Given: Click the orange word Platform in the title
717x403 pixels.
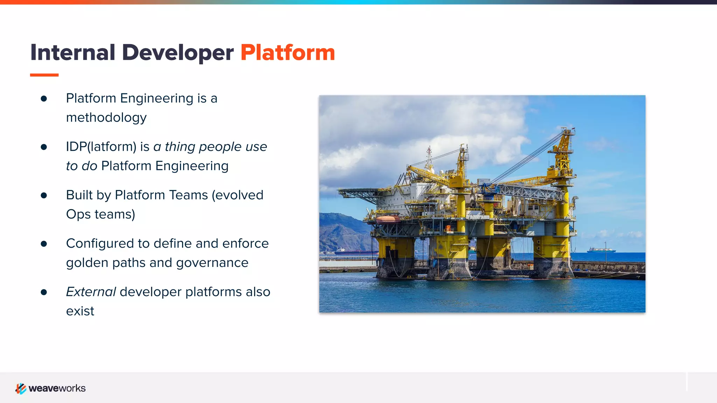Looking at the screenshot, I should coord(287,53).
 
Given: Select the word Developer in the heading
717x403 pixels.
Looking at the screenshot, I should coord(177,53).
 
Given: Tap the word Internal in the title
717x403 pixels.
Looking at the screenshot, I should coord(72,53).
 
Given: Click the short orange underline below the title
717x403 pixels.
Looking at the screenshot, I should coord(44,75).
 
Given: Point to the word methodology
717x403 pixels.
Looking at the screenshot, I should coord(106,118).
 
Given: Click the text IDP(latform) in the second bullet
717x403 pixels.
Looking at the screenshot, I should coord(101,147).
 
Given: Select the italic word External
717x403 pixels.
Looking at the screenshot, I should coord(91,292).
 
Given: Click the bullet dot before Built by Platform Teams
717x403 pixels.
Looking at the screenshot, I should coord(44,195).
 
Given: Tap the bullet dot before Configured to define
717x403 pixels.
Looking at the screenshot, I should coord(44,243).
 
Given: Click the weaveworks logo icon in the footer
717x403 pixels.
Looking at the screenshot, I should coord(21,388).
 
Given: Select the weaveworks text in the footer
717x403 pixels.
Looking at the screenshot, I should coord(57,388).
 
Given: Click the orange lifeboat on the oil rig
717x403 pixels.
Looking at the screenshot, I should coord(388,219).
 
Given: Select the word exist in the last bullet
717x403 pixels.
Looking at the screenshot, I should coord(80,311).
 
